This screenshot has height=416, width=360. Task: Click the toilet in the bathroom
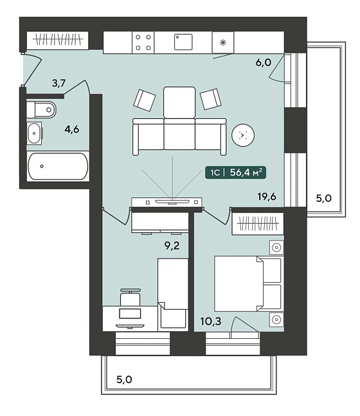click(41, 109)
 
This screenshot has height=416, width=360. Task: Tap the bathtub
click(58, 167)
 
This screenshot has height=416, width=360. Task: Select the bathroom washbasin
click(35, 133)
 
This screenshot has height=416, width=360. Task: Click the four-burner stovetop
click(143, 42)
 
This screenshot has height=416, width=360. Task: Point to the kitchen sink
click(183, 42)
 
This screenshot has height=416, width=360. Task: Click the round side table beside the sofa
click(243, 135)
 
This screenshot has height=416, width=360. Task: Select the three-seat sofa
click(179, 137)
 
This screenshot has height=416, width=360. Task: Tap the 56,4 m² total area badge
click(235, 172)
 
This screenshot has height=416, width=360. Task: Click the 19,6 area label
click(267, 197)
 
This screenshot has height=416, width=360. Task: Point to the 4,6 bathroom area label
click(72, 129)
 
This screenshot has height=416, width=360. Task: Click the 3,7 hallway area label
click(59, 84)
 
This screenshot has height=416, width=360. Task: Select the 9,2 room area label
click(172, 246)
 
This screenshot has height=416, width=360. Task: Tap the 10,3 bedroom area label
click(211, 321)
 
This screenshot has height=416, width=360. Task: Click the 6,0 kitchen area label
click(264, 62)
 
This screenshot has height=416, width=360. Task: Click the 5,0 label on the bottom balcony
click(124, 379)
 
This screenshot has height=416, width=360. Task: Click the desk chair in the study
click(130, 298)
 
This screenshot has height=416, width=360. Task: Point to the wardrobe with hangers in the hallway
click(58, 41)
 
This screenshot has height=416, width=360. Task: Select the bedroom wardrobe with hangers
click(258, 223)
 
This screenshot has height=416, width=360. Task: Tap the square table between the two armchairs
click(179, 102)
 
